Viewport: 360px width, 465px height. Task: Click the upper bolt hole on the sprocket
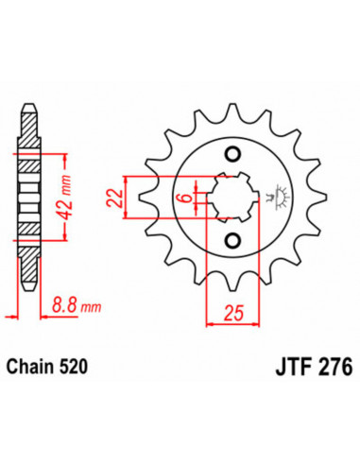(x=231, y=155)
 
